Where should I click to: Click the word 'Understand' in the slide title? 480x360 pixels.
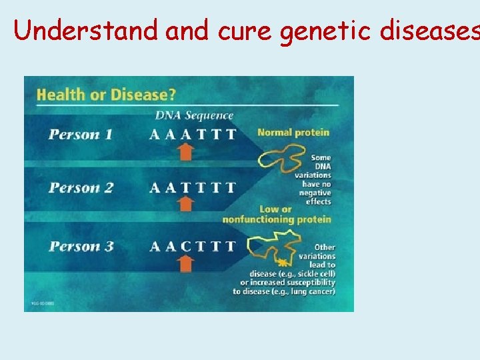click(86, 30)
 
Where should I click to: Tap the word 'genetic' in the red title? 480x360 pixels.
click(323, 31)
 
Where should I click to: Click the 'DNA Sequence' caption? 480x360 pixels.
click(194, 116)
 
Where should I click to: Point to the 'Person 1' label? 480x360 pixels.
click(80, 135)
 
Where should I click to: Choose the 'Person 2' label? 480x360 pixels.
click(80, 188)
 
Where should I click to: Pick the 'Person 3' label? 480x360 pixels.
click(80, 247)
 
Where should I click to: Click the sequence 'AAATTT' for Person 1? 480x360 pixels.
click(193, 135)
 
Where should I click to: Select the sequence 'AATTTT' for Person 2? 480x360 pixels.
click(193, 188)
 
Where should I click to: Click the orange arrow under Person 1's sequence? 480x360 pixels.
click(186, 152)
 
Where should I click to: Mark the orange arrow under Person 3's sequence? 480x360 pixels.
click(186, 263)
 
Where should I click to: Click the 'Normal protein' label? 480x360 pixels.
click(293, 133)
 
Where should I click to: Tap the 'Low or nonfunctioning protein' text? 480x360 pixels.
click(277, 215)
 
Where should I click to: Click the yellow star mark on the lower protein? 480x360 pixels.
click(283, 262)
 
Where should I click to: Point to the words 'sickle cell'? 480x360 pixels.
click(316, 274)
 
